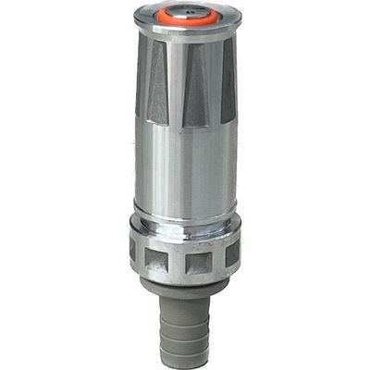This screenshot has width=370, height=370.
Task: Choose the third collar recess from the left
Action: point(198,263)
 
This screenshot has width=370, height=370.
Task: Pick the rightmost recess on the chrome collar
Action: point(231,253)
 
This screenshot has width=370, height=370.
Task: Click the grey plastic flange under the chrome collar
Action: point(185,286)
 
